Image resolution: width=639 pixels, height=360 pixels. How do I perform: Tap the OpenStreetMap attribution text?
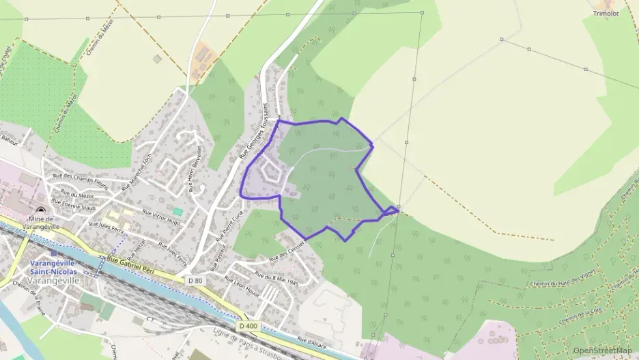coord(602,350)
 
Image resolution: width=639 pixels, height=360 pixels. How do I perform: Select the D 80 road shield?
coord(195,280)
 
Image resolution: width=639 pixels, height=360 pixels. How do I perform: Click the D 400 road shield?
coord(248,326)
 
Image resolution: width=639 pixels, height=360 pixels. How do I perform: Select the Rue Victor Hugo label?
coord(160,217)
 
